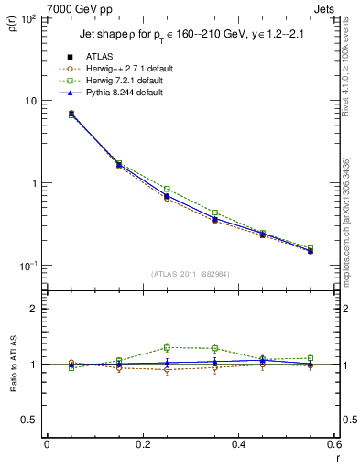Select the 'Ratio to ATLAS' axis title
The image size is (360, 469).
[x=12, y=364]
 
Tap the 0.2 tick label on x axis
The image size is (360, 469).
[x=142, y=444]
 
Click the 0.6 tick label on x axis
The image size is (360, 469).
[x=334, y=444]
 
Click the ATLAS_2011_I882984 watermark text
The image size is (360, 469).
[x=191, y=273]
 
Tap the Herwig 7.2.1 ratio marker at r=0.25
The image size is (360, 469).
[x=167, y=347]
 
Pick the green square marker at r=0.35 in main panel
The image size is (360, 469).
[x=214, y=213]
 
